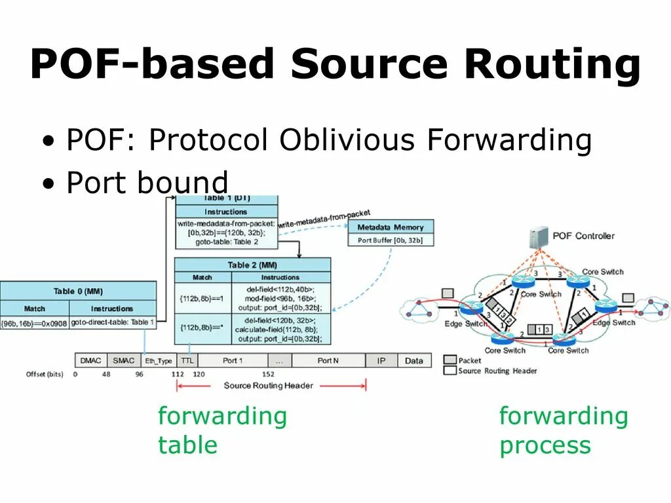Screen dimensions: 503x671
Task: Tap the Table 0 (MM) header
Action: coord(78,291)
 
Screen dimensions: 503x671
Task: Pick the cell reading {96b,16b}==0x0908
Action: coord(35,323)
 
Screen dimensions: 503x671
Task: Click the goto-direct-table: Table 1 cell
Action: coord(112,323)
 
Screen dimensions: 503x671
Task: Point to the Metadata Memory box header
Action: coord(390,227)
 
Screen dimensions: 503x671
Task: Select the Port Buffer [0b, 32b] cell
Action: coord(390,240)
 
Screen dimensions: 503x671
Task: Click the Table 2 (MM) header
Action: coord(252,265)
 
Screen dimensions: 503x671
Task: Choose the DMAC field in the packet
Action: coord(91,360)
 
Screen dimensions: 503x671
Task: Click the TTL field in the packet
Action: coord(187,360)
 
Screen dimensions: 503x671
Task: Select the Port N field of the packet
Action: coord(328,360)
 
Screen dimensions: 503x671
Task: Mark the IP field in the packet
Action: coord(381,360)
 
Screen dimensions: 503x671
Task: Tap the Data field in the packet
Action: coord(413,360)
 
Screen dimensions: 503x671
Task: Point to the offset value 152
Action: coord(268,374)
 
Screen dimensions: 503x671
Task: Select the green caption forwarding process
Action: coord(563,430)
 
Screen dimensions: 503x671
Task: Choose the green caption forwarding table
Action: coord(222,430)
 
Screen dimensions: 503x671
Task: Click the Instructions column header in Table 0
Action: coord(112,308)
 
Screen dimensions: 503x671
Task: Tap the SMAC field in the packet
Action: coord(123,360)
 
